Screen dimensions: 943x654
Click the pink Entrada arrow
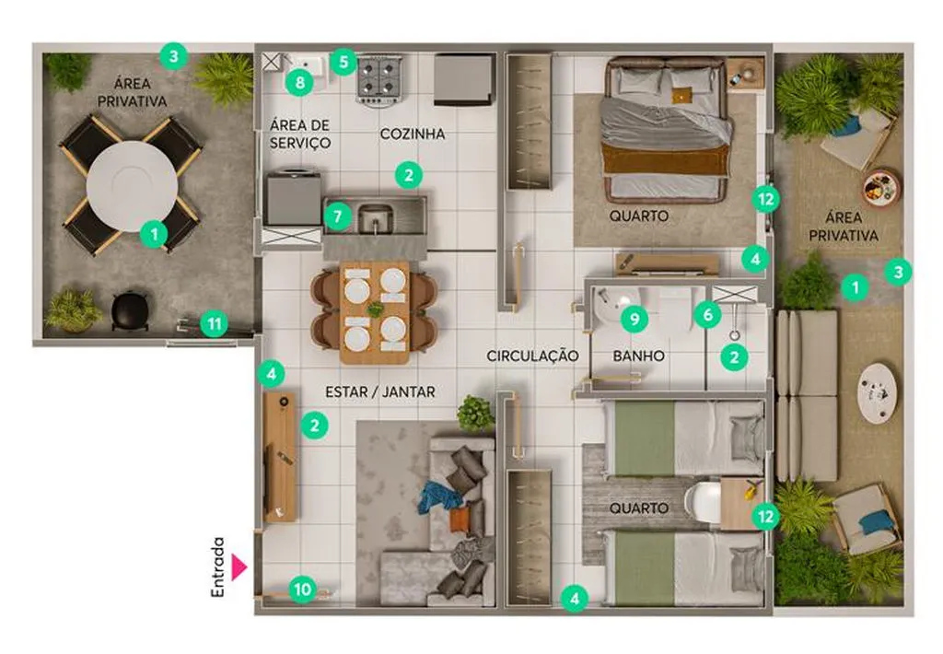pyautogui.click(x=239, y=567)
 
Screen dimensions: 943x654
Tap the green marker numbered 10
pyautogui.click(x=302, y=589)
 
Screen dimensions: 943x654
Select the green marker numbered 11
pyautogui.click(x=214, y=325)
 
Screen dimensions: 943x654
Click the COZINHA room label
pyautogui.click(x=413, y=134)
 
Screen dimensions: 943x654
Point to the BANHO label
pyautogui.click(x=639, y=356)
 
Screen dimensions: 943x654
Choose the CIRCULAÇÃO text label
pyautogui.click(x=533, y=356)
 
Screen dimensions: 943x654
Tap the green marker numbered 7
pyautogui.click(x=337, y=216)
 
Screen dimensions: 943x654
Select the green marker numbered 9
pyautogui.click(x=634, y=318)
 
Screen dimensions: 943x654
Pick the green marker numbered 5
pyautogui.click(x=343, y=62)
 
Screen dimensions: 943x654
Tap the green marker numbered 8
pyautogui.click(x=299, y=82)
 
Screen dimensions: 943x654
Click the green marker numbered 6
pyautogui.click(x=707, y=314)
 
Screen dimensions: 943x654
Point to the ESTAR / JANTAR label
pyautogui.click(x=380, y=392)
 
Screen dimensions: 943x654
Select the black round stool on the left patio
pyautogui.click(x=130, y=309)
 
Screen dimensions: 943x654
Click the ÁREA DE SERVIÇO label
pyautogui.click(x=300, y=134)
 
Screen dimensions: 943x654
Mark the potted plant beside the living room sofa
pyautogui.click(x=476, y=413)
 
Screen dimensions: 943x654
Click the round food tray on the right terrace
pyautogui.click(x=881, y=187)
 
